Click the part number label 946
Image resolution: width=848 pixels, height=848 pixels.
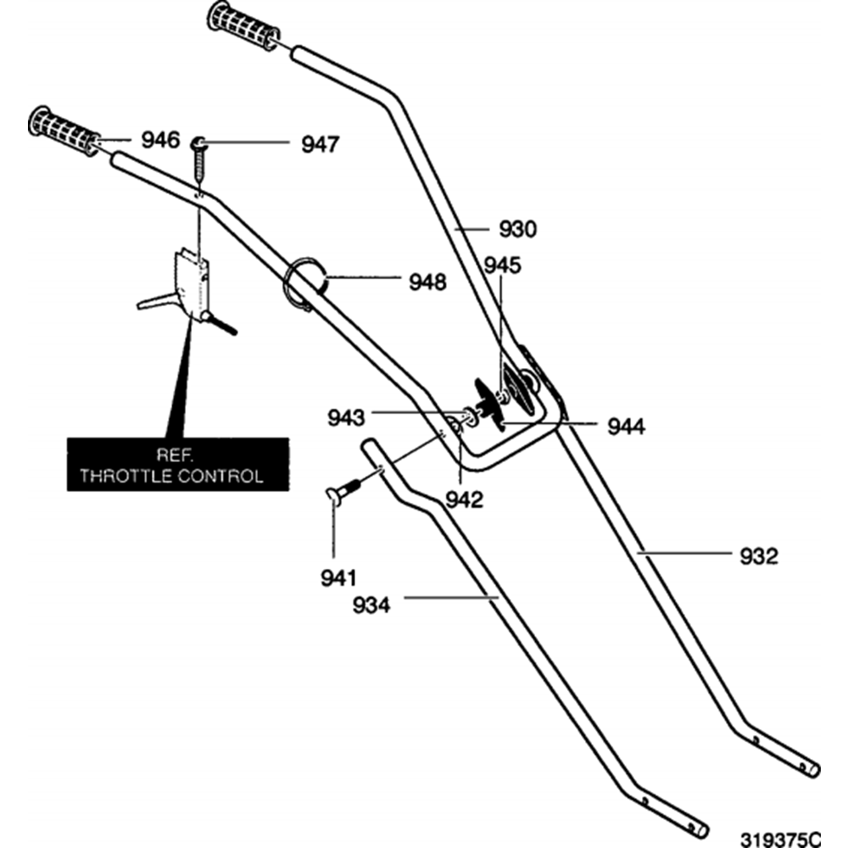point(160,140)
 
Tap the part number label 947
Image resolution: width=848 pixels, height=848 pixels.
point(321,144)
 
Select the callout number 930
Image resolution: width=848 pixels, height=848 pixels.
point(517,229)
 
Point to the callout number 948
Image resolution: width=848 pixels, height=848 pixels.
point(427,282)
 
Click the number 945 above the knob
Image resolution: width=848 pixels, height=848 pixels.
point(502,265)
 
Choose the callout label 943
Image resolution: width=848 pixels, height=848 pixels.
point(346,417)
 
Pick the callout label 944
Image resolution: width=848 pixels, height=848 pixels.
point(627,427)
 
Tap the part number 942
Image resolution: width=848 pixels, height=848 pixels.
point(465,500)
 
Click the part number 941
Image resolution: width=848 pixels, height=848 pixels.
point(338,578)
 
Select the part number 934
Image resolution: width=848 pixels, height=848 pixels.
point(371,605)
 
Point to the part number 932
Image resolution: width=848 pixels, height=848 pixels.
point(759,556)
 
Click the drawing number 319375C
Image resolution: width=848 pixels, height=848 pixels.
point(780,840)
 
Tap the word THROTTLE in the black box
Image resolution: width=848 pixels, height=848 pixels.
point(126,476)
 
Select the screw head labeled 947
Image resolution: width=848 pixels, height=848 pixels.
point(198,142)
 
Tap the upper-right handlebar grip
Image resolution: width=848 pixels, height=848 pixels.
point(243,26)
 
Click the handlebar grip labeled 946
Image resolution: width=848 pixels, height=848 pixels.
point(64,131)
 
